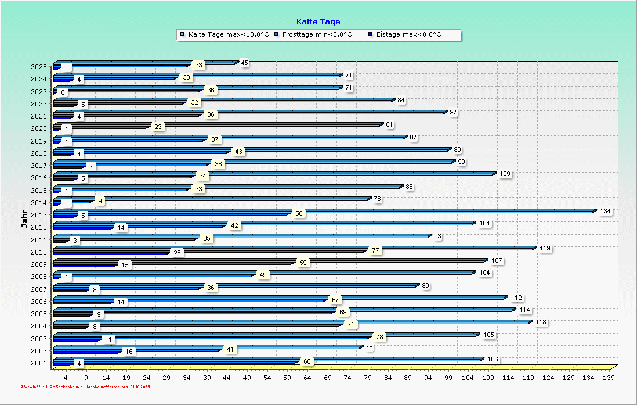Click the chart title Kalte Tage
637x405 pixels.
tap(318, 22)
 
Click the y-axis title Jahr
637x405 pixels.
tap(24, 219)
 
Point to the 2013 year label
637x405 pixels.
tap(39, 215)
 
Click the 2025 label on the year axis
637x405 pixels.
tap(39, 67)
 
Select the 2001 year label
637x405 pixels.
tap(39, 363)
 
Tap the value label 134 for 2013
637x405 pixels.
tap(606, 211)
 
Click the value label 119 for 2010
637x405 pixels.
tap(545, 248)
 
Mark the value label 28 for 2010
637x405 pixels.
tap(177, 253)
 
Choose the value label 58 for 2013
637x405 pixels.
tap(299, 214)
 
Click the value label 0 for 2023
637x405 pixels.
tap(63, 92)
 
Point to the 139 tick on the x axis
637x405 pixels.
tap(609, 378)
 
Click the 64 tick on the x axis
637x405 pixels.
tap(307, 378)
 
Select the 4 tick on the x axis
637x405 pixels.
tap(66, 378)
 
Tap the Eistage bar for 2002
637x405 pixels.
tap(87, 352)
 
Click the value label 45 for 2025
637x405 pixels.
tap(244, 63)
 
